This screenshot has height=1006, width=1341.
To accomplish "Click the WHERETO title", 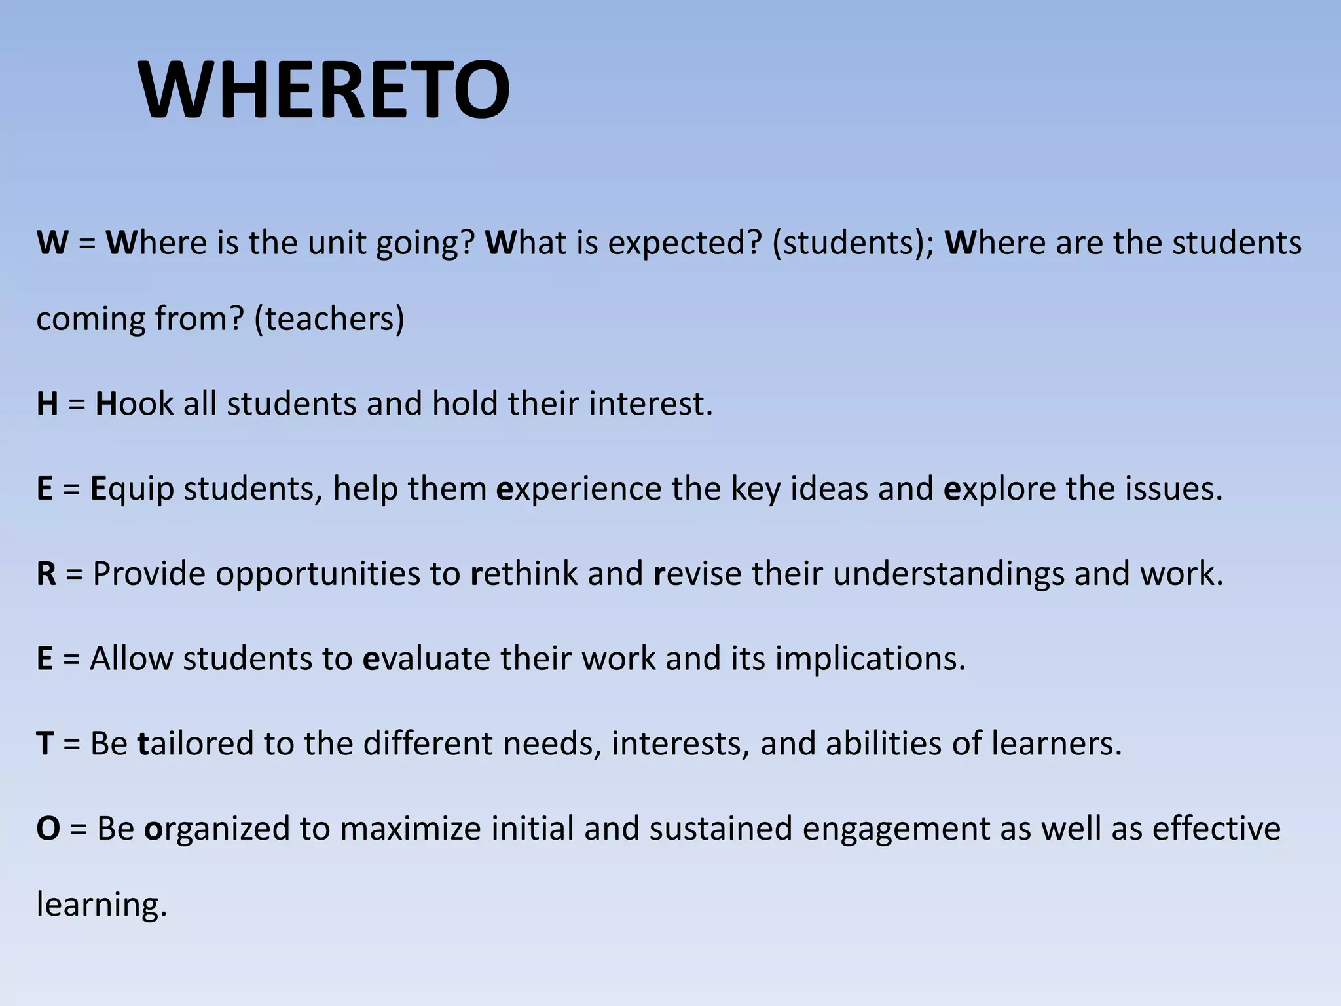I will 324,90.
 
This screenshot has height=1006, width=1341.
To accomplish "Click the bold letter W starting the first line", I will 52,243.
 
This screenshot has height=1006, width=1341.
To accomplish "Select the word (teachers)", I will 329,319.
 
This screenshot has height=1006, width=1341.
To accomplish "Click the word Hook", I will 134,403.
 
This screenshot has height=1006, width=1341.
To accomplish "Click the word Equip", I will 132,489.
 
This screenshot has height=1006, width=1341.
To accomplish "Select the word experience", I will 579,489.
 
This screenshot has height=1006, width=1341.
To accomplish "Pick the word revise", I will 697,574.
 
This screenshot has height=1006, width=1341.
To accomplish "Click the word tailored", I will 195,744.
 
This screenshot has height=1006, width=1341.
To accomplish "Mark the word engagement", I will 896,829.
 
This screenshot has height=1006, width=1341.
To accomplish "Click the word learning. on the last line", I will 102,905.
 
